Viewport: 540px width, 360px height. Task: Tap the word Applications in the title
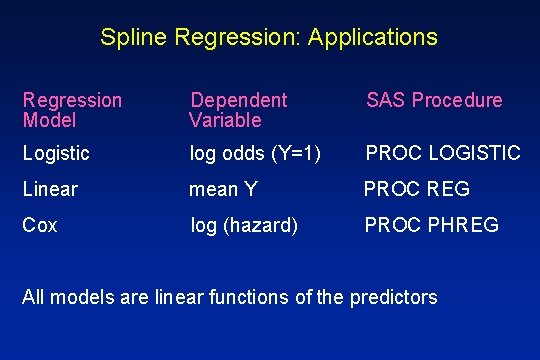[373, 38]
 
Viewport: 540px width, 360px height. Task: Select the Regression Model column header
[72, 110]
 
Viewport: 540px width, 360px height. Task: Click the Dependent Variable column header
[238, 110]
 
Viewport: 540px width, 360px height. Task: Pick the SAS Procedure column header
[434, 100]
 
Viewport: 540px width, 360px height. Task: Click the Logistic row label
[56, 153]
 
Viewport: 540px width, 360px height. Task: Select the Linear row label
[50, 189]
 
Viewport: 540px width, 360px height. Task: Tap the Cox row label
[40, 225]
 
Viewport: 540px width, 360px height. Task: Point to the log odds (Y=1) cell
[256, 153]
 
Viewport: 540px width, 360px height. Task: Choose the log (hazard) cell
[244, 225]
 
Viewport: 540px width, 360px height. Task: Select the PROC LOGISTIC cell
[443, 153]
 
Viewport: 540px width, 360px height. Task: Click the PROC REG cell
[416, 189]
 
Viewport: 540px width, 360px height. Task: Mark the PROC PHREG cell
[431, 225]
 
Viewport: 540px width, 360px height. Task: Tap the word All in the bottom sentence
[33, 297]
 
